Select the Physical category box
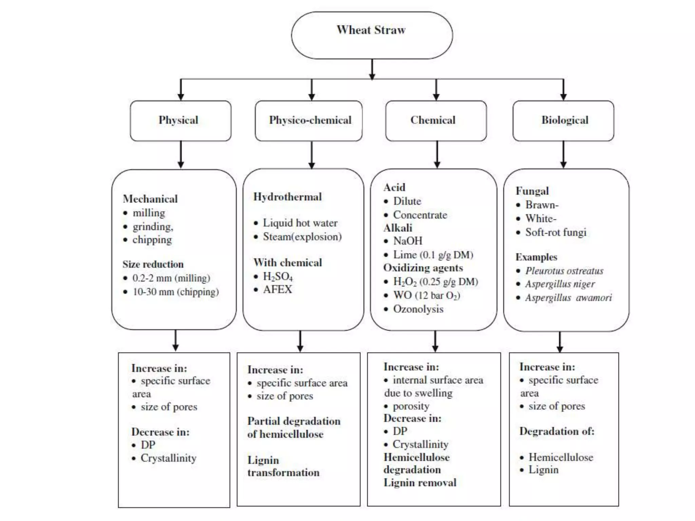(x=180, y=120)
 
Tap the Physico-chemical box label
(x=310, y=120)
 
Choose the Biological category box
(x=564, y=120)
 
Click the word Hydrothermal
(x=287, y=197)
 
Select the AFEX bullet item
(x=277, y=290)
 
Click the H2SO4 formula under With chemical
(x=278, y=277)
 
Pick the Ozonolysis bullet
(x=418, y=309)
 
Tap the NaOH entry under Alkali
(x=408, y=241)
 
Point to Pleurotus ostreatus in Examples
(x=564, y=271)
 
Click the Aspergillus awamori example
(x=568, y=298)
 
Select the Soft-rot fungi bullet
(x=556, y=232)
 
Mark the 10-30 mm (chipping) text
(x=175, y=292)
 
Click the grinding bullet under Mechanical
(x=153, y=227)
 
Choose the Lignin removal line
(x=420, y=483)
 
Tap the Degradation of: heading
(x=557, y=431)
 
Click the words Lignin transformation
(x=283, y=466)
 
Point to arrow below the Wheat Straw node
(x=372, y=70)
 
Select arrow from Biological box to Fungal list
(x=563, y=155)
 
